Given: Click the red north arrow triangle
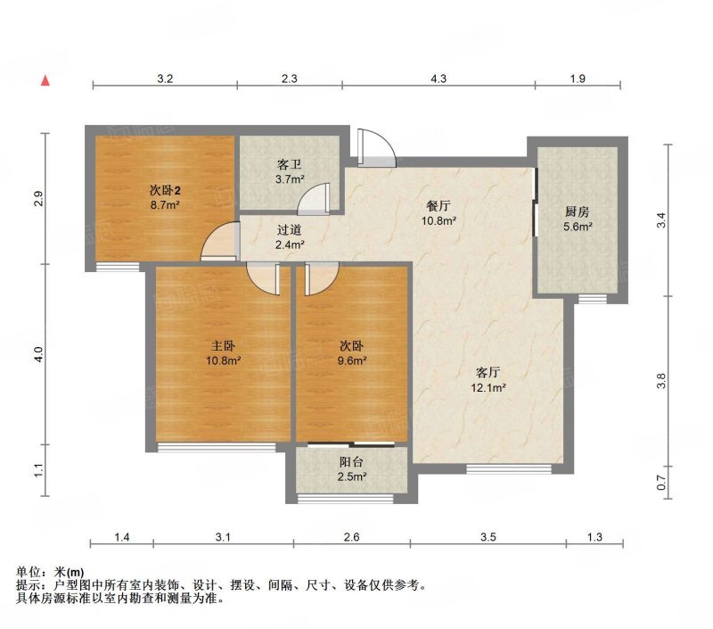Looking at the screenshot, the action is [45, 80].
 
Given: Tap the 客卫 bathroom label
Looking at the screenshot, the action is [290, 164].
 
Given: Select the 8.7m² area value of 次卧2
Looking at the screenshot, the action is [165, 205].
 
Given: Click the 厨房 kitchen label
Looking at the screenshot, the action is [578, 211].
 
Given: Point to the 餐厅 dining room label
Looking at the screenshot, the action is [438, 206].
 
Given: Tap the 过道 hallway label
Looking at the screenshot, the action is [290, 230].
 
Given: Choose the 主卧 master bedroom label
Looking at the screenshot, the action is [224, 346].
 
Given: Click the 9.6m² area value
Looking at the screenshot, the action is [352, 361].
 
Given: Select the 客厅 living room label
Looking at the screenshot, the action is [488, 373].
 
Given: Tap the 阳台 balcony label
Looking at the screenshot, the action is [351, 462].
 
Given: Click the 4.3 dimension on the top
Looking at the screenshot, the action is [438, 79].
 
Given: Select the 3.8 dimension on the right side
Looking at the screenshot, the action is [661, 380].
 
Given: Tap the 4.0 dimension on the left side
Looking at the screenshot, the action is [38, 354].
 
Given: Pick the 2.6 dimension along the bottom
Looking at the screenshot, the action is [351, 537].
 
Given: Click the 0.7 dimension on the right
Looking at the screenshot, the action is [661, 483].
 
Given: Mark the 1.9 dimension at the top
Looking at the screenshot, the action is [578, 79].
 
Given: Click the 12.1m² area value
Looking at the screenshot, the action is [488, 388].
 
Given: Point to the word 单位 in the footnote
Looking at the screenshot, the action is [29, 572].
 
